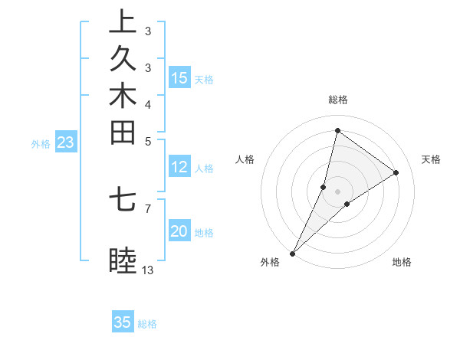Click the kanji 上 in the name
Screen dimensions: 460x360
click(x=123, y=21)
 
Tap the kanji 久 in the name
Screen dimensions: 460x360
click(x=123, y=60)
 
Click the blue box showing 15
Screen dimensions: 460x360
click(x=179, y=78)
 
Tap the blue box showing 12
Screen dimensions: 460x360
click(x=179, y=168)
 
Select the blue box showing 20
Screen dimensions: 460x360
click(x=179, y=232)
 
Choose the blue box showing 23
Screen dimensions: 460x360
click(x=66, y=142)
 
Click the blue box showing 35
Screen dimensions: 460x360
click(x=123, y=322)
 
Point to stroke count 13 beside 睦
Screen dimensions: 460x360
click(x=148, y=270)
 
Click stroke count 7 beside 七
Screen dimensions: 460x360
click(x=148, y=208)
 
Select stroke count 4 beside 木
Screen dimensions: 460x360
click(x=148, y=104)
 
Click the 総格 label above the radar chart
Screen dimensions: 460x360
click(x=338, y=100)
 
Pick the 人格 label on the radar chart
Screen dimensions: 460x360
click(x=245, y=159)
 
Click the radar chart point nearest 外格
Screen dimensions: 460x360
click(x=293, y=253)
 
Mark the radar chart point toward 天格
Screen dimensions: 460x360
click(x=396, y=172)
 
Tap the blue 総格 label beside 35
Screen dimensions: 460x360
click(x=147, y=324)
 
